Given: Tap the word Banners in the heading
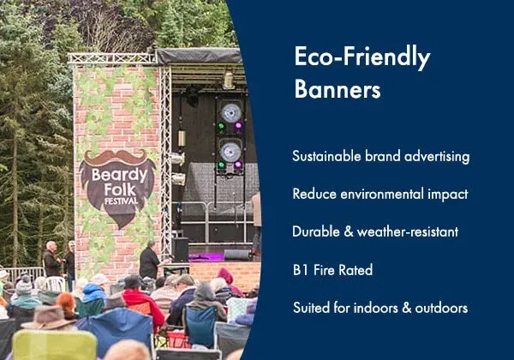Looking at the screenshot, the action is (338, 88).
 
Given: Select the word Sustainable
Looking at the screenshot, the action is (326, 156).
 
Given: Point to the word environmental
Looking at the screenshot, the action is (382, 194).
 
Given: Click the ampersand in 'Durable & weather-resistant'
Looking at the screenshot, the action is (349, 231).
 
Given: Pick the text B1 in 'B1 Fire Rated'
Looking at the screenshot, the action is (301, 270).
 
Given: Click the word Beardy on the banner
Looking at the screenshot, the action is (119, 176).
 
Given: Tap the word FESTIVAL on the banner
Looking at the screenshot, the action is (121, 201).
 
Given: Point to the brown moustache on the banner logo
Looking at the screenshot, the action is (115, 158).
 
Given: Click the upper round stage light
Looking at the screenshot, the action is (231, 113).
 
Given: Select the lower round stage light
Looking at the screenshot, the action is (230, 153).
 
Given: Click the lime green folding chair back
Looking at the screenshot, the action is (54, 345).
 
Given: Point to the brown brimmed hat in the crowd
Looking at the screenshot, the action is (48, 318).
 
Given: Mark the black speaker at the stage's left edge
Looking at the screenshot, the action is (181, 249).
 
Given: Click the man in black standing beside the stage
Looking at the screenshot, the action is (150, 261).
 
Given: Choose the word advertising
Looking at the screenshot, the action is (437, 156).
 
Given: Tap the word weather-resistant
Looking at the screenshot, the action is (408, 231).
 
